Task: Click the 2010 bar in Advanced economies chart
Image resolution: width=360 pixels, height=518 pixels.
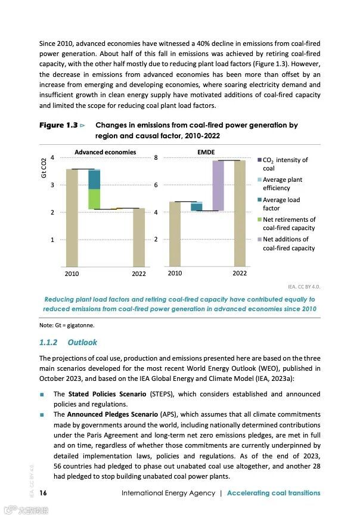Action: tap(72, 218)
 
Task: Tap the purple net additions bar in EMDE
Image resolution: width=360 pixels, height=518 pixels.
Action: tap(218, 185)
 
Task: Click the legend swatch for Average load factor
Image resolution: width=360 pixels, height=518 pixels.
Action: tap(259, 200)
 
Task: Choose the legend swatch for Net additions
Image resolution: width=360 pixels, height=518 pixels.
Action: tap(259, 240)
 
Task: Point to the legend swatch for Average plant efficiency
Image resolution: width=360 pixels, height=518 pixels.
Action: tap(259, 180)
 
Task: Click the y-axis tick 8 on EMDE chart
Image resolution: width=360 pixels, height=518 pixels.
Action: tap(156, 158)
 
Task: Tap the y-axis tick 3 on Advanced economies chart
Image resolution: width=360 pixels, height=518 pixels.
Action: tap(53, 185)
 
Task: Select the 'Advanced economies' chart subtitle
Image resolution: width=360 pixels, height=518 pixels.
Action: tap(105, 152)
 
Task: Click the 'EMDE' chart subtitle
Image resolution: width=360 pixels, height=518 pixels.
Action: tap(206, 152)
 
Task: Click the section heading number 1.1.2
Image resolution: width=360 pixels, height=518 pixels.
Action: tap(48, 343)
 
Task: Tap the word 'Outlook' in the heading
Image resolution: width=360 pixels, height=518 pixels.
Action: tap(82, 343)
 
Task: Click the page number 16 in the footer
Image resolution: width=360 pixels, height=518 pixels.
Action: tap(44, 493)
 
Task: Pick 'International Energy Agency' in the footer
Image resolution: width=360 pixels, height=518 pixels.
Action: tap(167, 493)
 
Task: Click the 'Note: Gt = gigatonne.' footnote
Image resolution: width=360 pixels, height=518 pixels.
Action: tap(67, 325)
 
